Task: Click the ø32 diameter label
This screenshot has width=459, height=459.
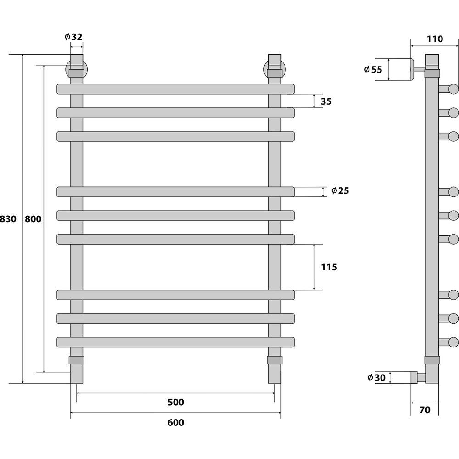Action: pyautogui.click(x=73, y=37)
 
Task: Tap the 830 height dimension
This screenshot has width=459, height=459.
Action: pyautogui.click(x=8, y=218)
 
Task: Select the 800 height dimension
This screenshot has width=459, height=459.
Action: pyautogui.click(x=33, y=218)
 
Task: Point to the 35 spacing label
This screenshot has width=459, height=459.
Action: pyautogui.click(x=326, y=101)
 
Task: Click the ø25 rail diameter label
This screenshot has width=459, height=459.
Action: pyautogui.click(x=340, y=190)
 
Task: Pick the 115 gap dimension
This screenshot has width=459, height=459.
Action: pyautogui.click(x=329, y=267)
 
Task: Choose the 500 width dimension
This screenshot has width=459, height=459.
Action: pyautogui.click(x=176, y=402)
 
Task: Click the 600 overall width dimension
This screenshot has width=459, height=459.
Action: pyautogui.click(x=176, y=422)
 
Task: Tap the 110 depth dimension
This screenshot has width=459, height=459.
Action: pyautogui.click(x=435, y=39)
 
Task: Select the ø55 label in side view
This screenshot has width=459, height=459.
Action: pyautogui.click(x=373, y=69)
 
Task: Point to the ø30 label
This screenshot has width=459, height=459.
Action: pyautogui.click(x=376, y=378)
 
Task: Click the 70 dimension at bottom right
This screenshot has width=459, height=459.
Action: pyautogui.click(x=425, y=410)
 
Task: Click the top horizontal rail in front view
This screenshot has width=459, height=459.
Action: pyautogui.click(x=176, y=89)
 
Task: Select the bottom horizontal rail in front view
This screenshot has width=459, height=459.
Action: pyautogui.click(x=176, y=342)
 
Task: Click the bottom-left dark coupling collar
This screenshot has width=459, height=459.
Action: pyautogui.click(x=76, y=360)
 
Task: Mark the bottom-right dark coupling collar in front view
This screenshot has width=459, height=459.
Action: pyautogui.click(x=274, y=360)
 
